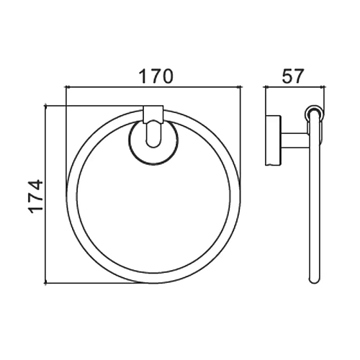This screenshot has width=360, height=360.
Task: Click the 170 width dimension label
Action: coord(156,76)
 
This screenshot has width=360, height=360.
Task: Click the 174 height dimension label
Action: coord(36,197)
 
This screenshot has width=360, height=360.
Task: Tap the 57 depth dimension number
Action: coord(293,76)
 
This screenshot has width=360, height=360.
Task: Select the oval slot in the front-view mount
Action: coord(153,133)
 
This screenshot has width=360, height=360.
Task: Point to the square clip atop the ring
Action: coord(153,114)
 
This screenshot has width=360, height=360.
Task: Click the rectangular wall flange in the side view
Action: coord(273,140)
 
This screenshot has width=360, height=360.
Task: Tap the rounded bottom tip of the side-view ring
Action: coord(315,280)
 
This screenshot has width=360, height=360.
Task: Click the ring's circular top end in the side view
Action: coord(314,113)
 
